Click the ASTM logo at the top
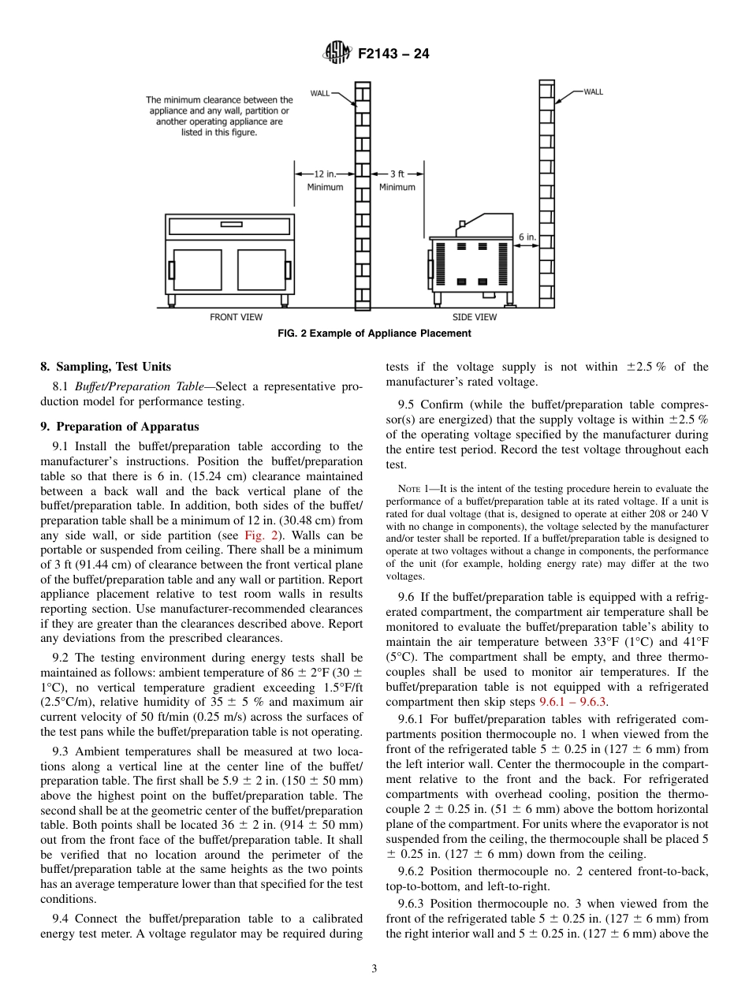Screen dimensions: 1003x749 coord(337,54)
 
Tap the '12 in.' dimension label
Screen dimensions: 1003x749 coord(326,173)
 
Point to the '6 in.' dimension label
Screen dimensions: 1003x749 coord(527,236)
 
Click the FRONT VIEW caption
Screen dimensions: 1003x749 coord(236,317)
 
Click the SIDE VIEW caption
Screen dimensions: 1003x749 coord(475,317)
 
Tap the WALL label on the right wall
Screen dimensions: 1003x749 coord(593,92)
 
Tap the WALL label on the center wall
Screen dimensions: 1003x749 coord(320,93)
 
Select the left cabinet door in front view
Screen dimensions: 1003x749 coord(198,269)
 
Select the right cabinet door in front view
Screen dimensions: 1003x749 coord(261,269)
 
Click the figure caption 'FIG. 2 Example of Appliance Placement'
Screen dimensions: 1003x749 coord(374,334)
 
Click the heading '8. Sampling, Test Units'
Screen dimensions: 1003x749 coord(105,367)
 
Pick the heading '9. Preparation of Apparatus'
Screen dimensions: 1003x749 coord(120,427)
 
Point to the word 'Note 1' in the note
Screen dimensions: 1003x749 coord(412,489)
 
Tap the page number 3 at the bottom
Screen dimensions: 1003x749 coord(374,969)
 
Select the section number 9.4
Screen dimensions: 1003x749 coord(61,918)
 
